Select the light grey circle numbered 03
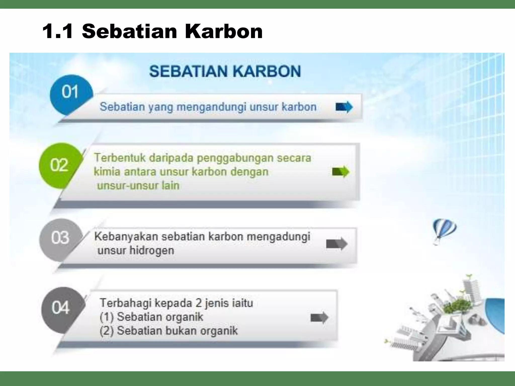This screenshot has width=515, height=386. coord(60,237)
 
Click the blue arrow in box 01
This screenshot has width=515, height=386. coord(344,107)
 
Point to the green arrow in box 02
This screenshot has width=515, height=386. coord(341,172)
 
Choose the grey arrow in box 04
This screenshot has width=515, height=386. coord(320,318)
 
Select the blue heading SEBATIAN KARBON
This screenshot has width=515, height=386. coord(225,71)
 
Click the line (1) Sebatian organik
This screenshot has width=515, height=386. coord(151,317)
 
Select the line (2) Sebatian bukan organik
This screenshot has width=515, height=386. coord(168,331)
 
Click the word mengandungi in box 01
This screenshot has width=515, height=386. coord(211,107)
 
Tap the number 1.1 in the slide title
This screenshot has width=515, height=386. coord(58,32)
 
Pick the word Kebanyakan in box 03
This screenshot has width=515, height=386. coord(126,237)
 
